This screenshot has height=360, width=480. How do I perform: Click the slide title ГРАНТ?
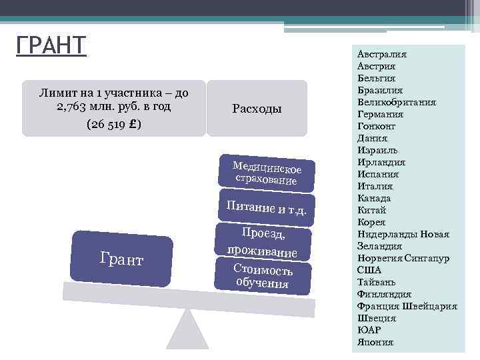pyautogui.click(x=51, y=47)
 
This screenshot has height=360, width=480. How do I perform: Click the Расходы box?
pyautogui.click(x=257, y=109)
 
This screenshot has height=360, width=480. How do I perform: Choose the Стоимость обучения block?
pyautogui.click(x=263, y=275)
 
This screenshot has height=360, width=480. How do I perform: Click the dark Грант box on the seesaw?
pyautogui.click(x=122, y=257)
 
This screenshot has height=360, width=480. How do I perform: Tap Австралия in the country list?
pyautogui.click(x=382, y=54)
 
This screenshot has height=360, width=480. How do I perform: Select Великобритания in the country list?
pyautogui.click(x=397, y=102)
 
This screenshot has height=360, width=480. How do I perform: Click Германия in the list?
pyautogui.click(x=380, y=114)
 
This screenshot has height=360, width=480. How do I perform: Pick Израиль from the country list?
pyautogui.click(x=377, y=150)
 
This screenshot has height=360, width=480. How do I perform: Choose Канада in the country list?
pyautogui.click(x=374, y=198)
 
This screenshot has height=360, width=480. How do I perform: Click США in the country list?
pyautogui.click(x=369, y=270)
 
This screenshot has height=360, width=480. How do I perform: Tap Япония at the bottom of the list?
pyautogui.click(x=375, y=342)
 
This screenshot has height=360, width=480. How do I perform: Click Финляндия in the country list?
pyautogui.click(x=384, y=294)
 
